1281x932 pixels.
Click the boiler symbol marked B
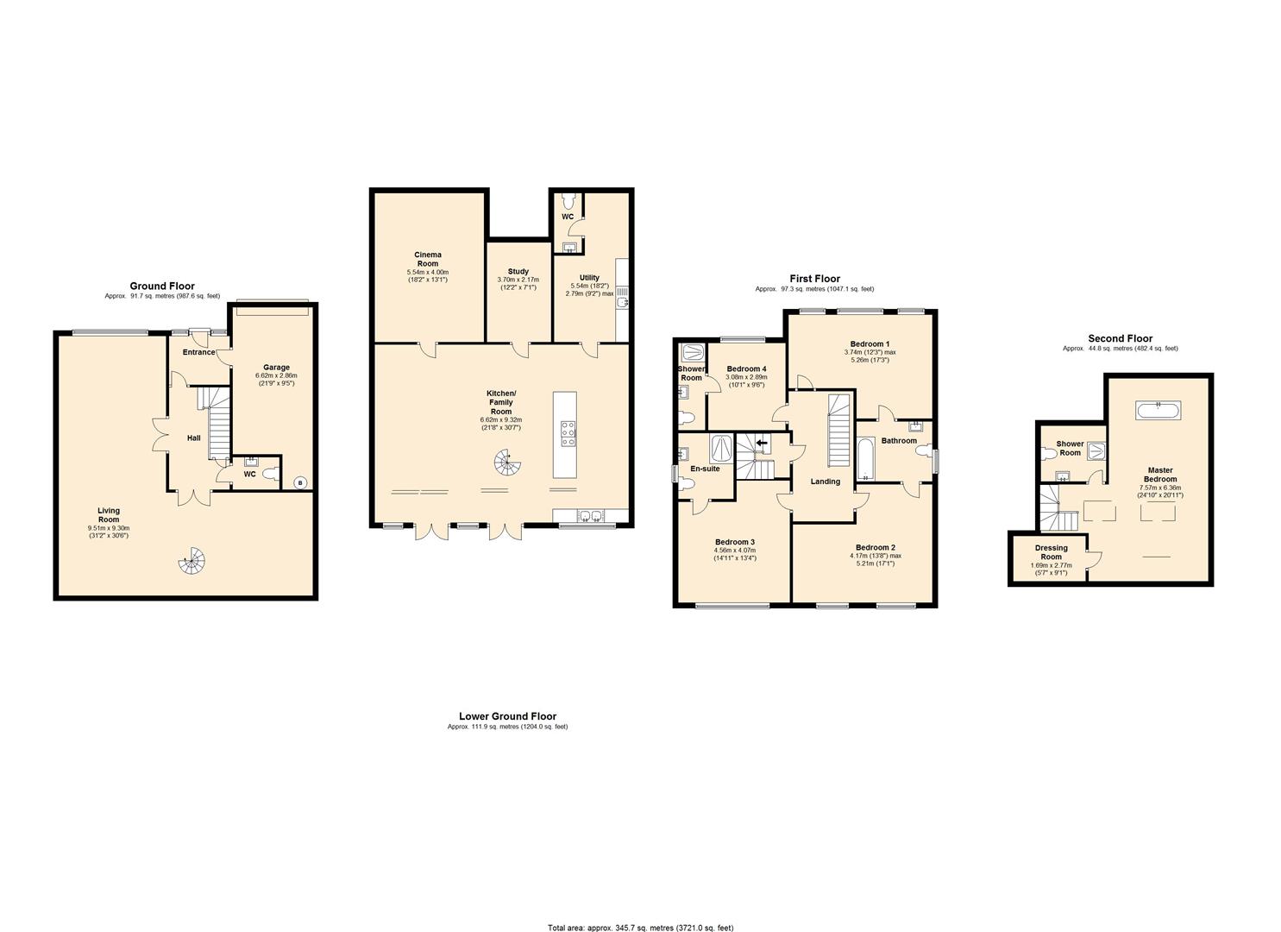tap(300, 483)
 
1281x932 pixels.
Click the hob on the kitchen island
tap(568, 434)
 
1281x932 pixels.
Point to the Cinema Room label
tap(428, 259)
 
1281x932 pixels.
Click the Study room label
tap(518, 271)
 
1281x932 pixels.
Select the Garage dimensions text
tap(276, 380)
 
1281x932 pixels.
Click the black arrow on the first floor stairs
tap(762, 442)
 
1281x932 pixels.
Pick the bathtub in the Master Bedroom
tap(1159, 410)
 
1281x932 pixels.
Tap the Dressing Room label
tap(1051, 552)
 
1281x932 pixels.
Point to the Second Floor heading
tap(1121, 338)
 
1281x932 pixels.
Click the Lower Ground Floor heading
tap(508, 715)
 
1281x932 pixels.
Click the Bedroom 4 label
tap(746, 369)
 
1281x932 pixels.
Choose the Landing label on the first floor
tap(826, 482)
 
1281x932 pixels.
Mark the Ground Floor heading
tap(162, 286)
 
